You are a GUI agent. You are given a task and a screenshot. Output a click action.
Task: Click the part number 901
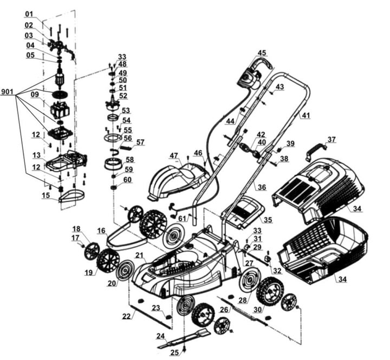point(8,92)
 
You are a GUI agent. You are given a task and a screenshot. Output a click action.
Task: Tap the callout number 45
point(262,53)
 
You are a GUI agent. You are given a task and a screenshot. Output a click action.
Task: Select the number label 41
point(306,115)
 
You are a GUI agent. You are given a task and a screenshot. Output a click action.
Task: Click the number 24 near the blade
point(160,336)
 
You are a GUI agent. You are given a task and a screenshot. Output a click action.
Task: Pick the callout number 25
point(174,353)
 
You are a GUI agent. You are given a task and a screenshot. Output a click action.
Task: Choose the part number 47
point(173,156)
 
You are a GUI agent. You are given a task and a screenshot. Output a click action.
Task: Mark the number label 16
point(101,230)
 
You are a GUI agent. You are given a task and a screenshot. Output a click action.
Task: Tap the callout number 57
point(140,142)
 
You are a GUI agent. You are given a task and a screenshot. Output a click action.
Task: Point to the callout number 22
point(126,316)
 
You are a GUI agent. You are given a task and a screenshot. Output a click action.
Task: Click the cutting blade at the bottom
point(184,339)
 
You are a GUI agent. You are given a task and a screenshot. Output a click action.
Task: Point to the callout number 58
point(129,160)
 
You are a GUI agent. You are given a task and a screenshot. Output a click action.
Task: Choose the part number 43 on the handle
point(279,87)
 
